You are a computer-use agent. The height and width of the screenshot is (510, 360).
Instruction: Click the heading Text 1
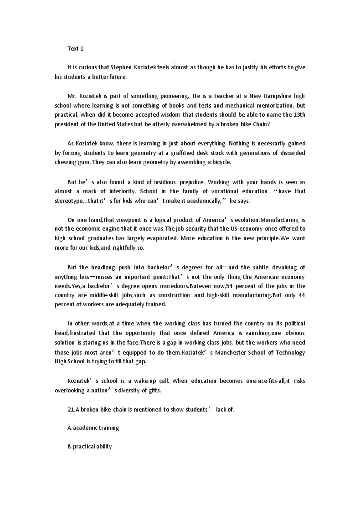[x=75, y=48]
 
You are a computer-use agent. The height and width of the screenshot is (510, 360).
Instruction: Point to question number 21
[x=71, y=409]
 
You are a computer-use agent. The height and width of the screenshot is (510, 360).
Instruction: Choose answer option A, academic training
[x=93, y=428]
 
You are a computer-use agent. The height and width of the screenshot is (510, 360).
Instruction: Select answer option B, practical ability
[x=89, y=447]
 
